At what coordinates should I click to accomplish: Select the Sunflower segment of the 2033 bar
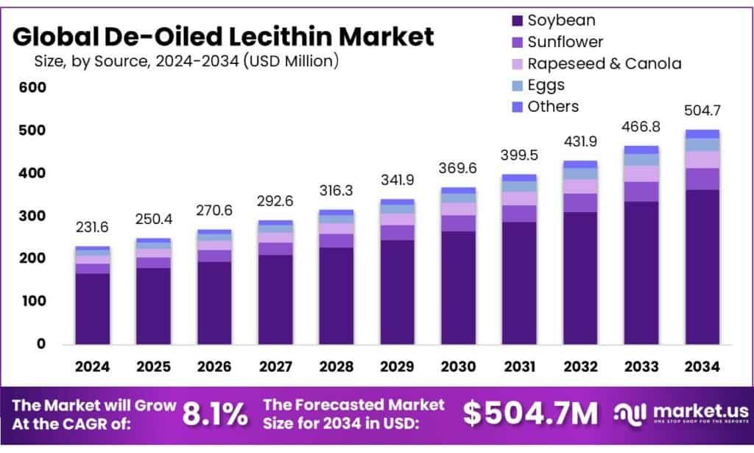click(641, 192)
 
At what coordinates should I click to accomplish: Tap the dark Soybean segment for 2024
click(92, 308)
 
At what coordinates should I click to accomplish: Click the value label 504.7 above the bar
click(702, 111)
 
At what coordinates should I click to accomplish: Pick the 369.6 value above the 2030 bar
click(458, 169)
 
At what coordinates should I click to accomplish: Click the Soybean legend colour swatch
click(516, 21)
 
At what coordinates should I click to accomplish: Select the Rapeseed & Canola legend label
click(605, 63)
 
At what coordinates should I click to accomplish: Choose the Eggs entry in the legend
click(546, 85)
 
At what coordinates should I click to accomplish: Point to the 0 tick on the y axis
click(41, 344)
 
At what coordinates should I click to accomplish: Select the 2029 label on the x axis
click(397, 366)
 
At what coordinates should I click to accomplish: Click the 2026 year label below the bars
click(214, 366)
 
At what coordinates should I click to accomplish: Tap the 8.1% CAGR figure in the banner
click(215, 414)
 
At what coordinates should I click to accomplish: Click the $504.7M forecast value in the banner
click(530, 414)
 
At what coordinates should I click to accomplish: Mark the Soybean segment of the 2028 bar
click(336, 295)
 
